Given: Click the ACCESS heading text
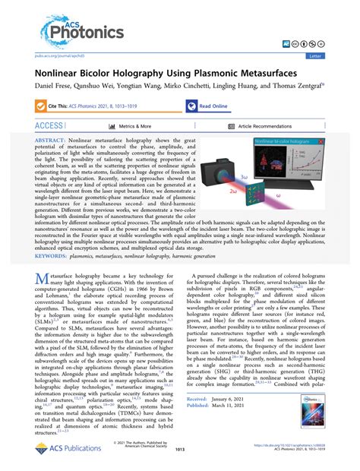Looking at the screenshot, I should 48,125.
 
